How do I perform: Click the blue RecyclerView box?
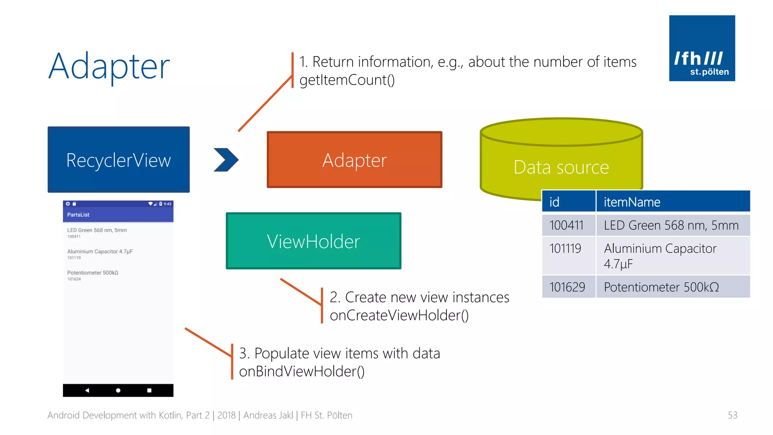[119, 159]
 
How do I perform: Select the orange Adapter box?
[354, 159]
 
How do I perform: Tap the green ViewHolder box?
[313, 241]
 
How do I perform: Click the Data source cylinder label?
[561, 167]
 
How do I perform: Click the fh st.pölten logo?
[702, 48]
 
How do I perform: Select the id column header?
[568, 202]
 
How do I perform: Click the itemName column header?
[673, 202]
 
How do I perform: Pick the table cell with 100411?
[568, 225]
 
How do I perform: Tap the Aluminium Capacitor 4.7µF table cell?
[673, 256]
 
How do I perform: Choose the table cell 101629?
[568, 287]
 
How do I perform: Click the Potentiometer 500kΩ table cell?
[673, 287]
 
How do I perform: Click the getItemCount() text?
[347, 80]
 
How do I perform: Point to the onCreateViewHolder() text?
[399, 315]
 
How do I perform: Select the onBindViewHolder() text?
[302, 371]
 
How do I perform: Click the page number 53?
[732, 415]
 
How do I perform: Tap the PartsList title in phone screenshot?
[79, 214]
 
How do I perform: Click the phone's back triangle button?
[87, 390]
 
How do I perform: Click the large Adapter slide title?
[109, 66]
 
